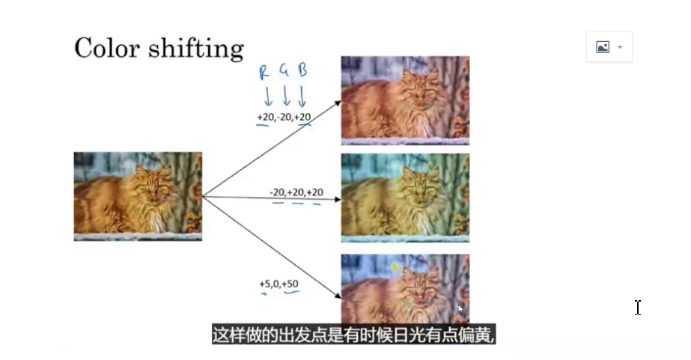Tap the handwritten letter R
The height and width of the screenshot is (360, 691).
pyautogui.click(x=264, y=73)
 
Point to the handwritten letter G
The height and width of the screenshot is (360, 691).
pyautogui.click(x=284, y=72)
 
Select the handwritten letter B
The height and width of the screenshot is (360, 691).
pyautogui.click(x=302, y=70)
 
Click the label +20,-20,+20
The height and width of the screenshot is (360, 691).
pyautogui.click(x=284, y=118)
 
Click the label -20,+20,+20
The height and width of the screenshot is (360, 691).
pyautogui.click(x=296, y=192)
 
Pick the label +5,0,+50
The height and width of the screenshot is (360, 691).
pyautogui.click(x=278, y=284)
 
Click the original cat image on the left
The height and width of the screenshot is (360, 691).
pyautogui.click(x=138, y=196)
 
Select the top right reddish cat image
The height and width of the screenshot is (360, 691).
pyautogui.click(x=405, y=100)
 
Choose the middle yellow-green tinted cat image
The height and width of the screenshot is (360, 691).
pyautogui.click(x=405, y=198)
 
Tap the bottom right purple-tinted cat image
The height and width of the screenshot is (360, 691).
pyautogui.click(x=405, y=288)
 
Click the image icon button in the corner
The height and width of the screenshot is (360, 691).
pyautogui.click(x=603, y=47)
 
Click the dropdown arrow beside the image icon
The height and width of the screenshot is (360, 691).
pyautogui.click(x=620, y=47)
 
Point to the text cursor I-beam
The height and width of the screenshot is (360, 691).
pyautogui.click(x=637, y=308)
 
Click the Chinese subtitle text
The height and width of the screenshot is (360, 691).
pyautogui.click(x=354, y=335)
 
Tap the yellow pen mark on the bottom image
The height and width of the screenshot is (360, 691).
pyautogui.click(x=395, y=268)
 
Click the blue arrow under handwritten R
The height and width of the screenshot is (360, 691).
pyautogui.click(x=267, y=97)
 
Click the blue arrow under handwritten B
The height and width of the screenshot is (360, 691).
pyautogui.click(x=302, y=97)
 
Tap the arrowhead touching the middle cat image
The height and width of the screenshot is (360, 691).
pyautogui.click(x=338, y=200)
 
